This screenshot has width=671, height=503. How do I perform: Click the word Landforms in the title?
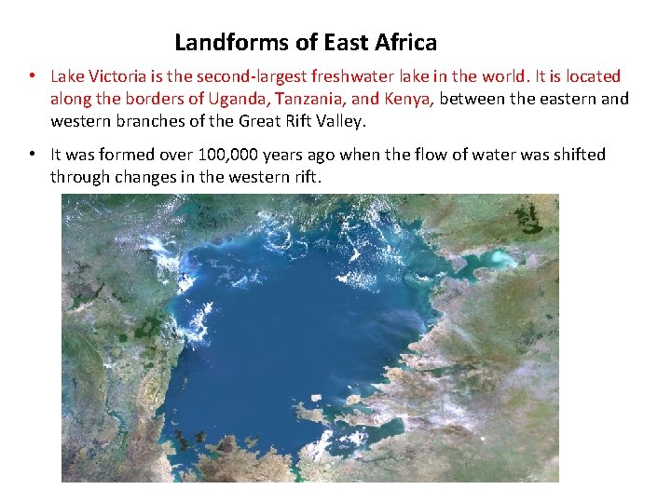219,42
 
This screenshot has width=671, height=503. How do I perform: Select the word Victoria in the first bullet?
117,76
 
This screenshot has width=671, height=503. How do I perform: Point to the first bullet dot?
31,76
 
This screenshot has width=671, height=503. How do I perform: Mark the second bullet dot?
31,155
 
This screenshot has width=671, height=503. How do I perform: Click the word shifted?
578,155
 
